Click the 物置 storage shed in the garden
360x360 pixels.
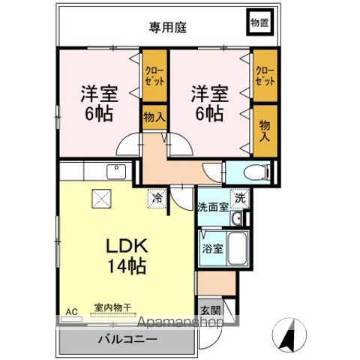pyautogui.click(x=259, y=22)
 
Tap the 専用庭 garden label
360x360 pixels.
pyautogui.click(x=168, y=27)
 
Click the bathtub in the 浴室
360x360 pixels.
pyautogui.click(x=238, y=248)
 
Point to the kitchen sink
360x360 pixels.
pyautogui.click(x=116, y=171)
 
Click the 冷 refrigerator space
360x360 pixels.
pyautogui.click(x=157, y=199)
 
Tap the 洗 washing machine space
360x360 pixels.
pyautogui.click(x=240, y=199)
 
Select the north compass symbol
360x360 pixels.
pyautogui.click(x=289, y=335)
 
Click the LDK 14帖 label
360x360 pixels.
pyautogui.click(x=127, y=256)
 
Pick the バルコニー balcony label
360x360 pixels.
pyautogui.click(x=127, y=339)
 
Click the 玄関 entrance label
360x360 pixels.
pyautogui.click(x=211, y=310)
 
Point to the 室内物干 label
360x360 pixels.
pyautogui.click(x=112, y=307)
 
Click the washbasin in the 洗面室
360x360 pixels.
pyautogui.click(x=236, y=218)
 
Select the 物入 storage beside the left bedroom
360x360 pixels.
pyautogui.click(x=154, y=117)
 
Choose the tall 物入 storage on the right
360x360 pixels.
pyautogui.click(x=265, y=130)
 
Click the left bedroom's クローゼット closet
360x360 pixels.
pyautogui.click(x=154, y=76)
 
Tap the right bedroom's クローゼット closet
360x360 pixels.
pyautogui.click(x=265, y=76)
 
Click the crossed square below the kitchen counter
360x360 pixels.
pyautogui.click(x=101, y=199)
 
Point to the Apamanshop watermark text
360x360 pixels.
pyautogui.click(x=181, y=322)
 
